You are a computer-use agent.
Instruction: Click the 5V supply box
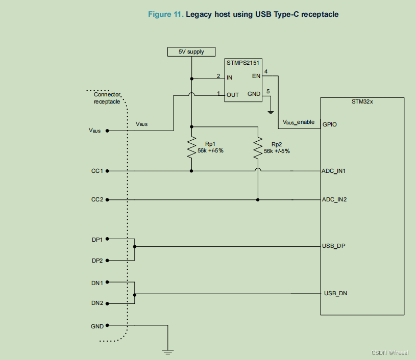point(191,52)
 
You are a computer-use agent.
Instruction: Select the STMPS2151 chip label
point(243,63)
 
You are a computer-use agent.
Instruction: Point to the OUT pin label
point(233,95)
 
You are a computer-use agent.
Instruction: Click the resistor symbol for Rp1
point(191,146)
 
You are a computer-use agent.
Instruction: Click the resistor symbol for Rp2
point(258,147)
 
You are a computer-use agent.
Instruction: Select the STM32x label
point(362,101)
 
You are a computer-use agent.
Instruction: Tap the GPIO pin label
point(329,124)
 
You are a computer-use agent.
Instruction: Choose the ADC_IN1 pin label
point(334,171)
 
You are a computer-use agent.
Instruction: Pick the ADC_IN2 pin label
point(334,199)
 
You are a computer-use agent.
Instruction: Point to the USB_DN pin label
point(336,294)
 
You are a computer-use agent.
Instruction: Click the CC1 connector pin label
point(97,171)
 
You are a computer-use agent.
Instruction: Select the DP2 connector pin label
point(97,261)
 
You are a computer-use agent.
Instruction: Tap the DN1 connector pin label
point(97,282)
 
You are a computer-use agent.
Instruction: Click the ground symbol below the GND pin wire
point(167,351)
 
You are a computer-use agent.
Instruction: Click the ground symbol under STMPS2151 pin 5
point(271,111)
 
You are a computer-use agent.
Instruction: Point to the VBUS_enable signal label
point(299,122)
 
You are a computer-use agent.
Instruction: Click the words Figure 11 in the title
point(165,14)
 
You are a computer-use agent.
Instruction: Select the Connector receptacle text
point(107,98)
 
